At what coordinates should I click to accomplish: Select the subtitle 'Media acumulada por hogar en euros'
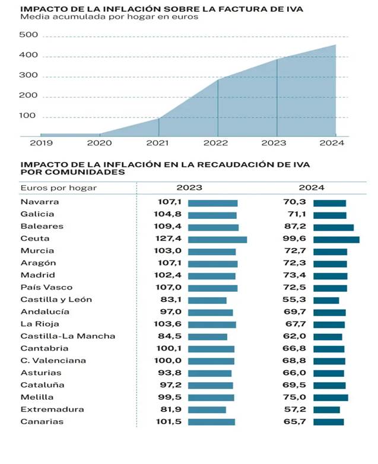tap(109, 17)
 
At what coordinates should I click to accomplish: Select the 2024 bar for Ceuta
tap(336, 239)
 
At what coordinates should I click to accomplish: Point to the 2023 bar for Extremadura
tap(207, 409)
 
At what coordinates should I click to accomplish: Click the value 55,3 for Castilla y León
tap(296, 300)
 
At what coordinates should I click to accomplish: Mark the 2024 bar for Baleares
tap(333, 227)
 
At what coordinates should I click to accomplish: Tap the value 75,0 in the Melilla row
tap(296, 397)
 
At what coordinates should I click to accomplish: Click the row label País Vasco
tap(46, 287)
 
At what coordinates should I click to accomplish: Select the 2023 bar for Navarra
tap(212, 203)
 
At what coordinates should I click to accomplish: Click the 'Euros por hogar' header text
tap(58, 187)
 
